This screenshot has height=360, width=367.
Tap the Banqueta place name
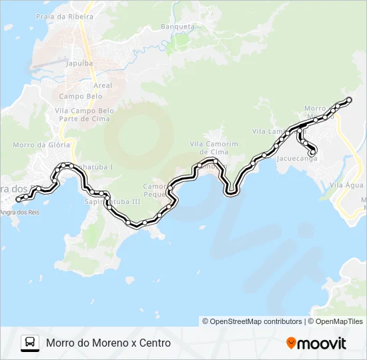pos(178,27)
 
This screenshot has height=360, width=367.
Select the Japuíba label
pos(79,64)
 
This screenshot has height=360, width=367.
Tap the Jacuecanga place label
pos(294,159)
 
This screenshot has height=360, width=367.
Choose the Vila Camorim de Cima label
pos(214,147)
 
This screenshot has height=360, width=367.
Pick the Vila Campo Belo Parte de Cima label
pos(85,114)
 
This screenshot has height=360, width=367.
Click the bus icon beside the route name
pos(30,343)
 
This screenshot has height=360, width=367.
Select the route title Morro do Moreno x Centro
pos(109,343)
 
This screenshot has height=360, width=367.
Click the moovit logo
pos(316,343)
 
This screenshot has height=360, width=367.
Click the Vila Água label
pos(346,185)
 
